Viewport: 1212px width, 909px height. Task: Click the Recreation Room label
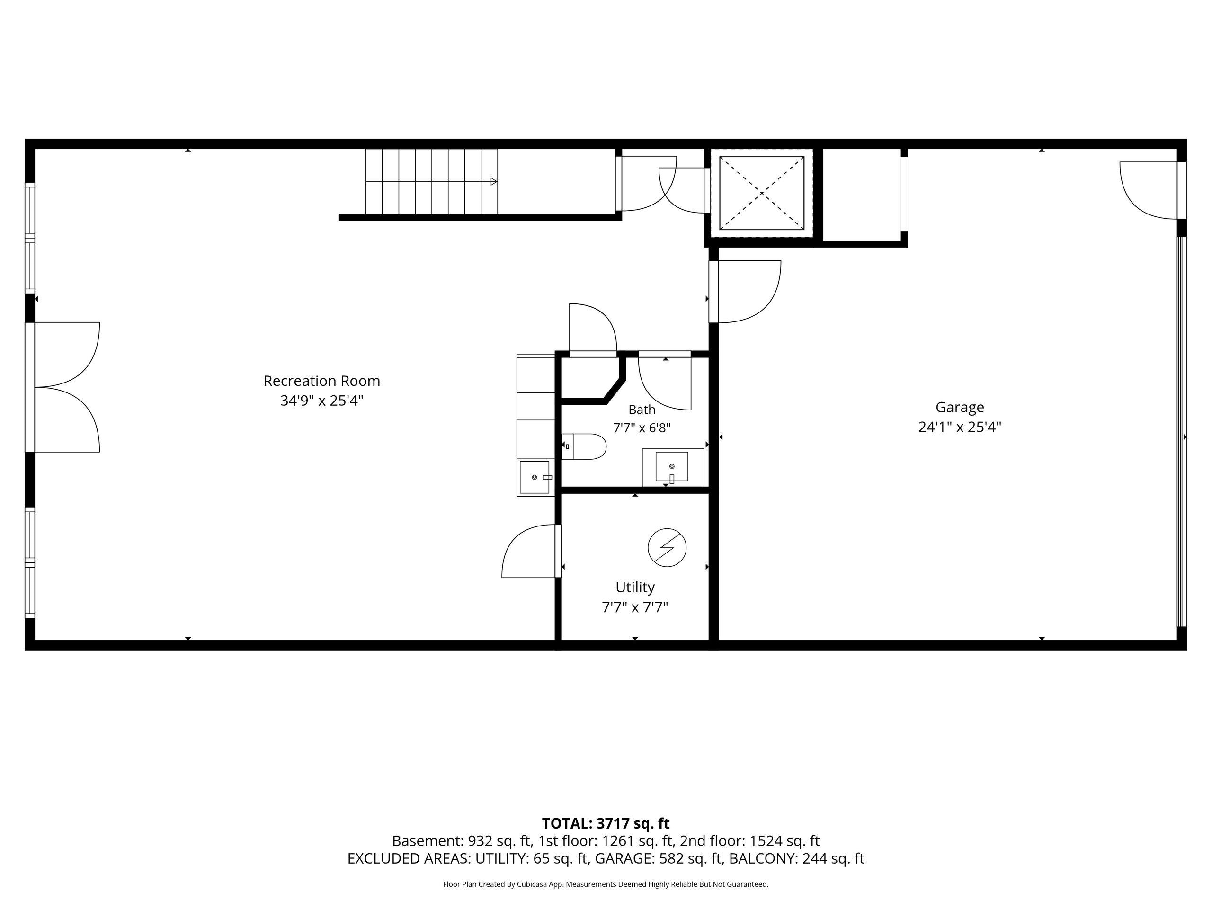pos(321,381)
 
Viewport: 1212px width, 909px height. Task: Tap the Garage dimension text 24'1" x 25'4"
pos(959,427)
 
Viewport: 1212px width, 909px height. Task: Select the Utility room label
pos(635,588)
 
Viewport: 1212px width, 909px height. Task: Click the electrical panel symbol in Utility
pos(667,547)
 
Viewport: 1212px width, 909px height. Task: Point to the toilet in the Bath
pos(584,446)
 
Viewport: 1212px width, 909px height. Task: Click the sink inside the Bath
pos(672,467)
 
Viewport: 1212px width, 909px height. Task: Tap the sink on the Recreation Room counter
pos(534,477)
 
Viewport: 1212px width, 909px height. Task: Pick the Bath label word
pos(642,410)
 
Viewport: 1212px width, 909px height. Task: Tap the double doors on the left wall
pos(63,387)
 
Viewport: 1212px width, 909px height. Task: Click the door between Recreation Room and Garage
pos(745,292)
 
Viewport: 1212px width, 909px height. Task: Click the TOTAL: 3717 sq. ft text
pos(606,823)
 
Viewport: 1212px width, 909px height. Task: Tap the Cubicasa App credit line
pos(606,884)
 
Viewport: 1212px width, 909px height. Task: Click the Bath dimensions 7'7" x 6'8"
pos(642,428)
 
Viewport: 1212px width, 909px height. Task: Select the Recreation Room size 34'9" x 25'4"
pos(321,401)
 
